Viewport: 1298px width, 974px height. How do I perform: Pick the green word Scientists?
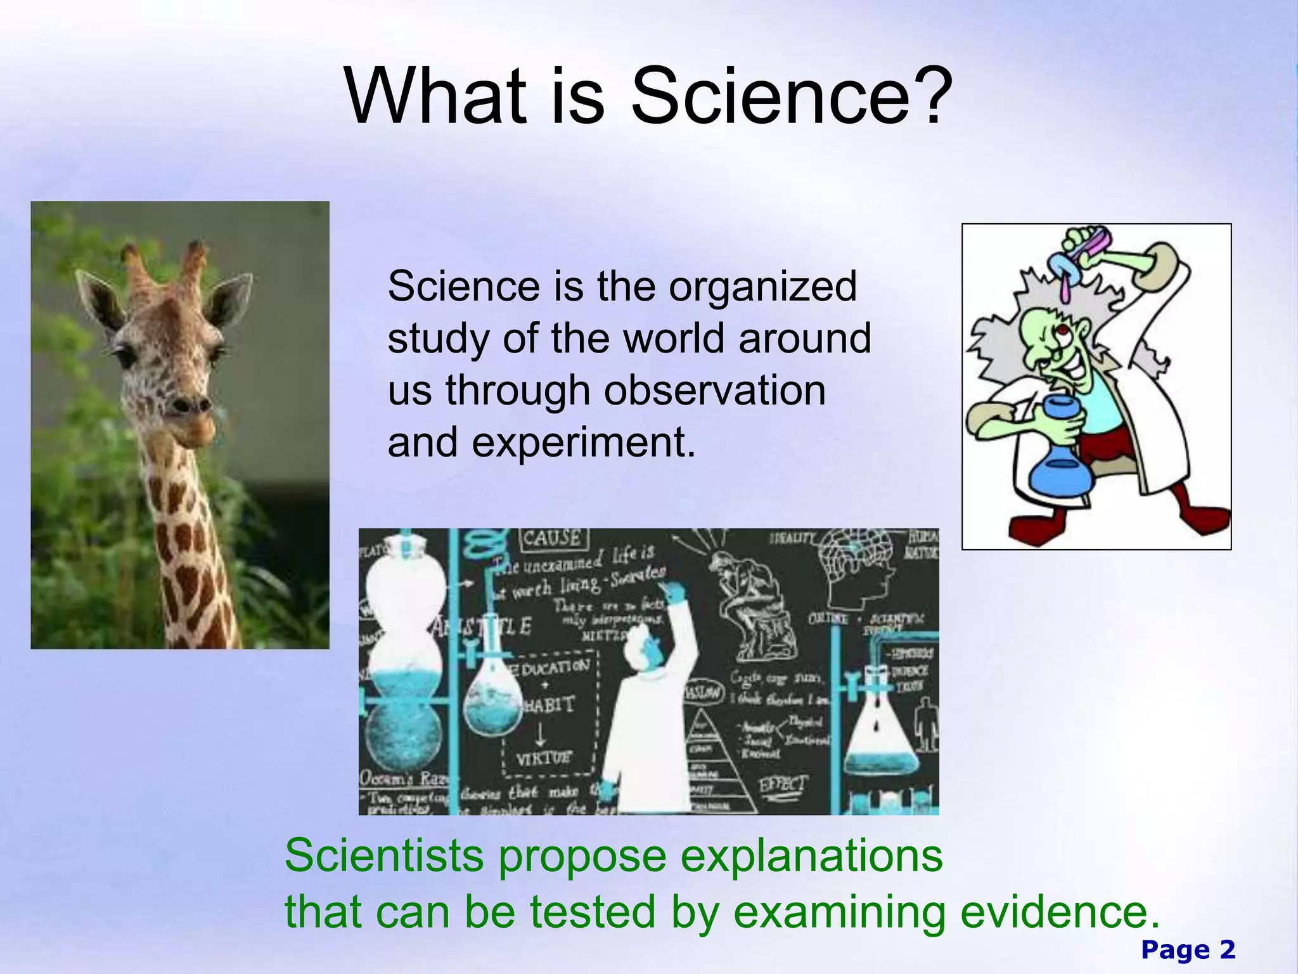point(384,856)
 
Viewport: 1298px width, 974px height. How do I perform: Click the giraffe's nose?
point(190,405)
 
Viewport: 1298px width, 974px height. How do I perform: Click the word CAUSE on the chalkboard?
point(551,539)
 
